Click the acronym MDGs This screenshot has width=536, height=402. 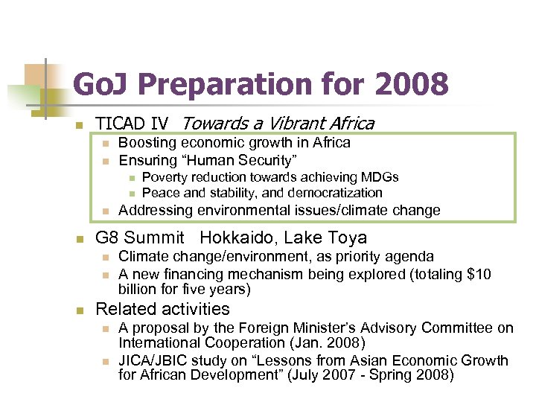click(x=379, y=177)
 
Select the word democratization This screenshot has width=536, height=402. click(x=328, y=193)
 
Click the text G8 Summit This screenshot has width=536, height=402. click(x=140, y=238)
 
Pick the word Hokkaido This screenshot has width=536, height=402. click(x=231, y=238)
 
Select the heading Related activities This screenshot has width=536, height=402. click(x=163, y=309)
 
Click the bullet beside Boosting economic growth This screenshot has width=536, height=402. click(x=106, y=143)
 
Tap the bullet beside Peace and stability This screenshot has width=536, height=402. click(x=131, y=194)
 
